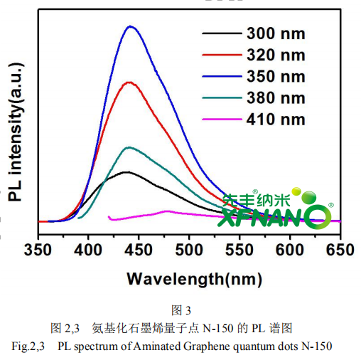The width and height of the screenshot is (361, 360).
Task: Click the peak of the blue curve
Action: [131, 26]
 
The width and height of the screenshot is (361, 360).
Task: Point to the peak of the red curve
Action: [129, 82]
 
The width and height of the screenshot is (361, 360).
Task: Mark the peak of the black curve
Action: [126, 171]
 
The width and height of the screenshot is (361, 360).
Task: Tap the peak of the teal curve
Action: [129, 147]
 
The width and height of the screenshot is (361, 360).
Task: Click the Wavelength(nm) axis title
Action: [189, 278]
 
